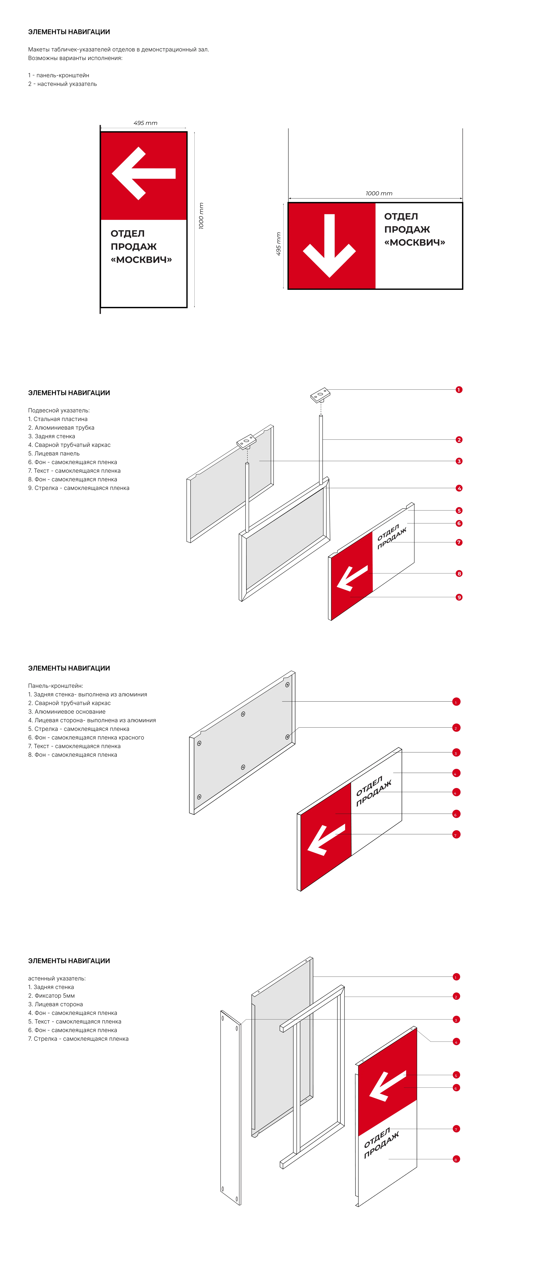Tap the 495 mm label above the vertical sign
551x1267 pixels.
coord(145,123)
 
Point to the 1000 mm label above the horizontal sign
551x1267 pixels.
coord(379,193)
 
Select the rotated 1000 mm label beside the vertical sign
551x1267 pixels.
coord(201,216)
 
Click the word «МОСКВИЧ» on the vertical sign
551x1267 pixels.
coord(141,260)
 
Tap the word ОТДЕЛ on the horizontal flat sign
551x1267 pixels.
coord(401,216)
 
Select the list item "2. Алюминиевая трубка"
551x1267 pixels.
coord(61,428)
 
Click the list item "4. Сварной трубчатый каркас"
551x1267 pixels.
coord(69,445)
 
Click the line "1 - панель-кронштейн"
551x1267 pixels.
coord(59,75)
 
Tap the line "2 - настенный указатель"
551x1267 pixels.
coord(62,84)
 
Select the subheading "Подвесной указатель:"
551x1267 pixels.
coord(59,410)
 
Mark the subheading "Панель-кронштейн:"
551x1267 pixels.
coord(55,686)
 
